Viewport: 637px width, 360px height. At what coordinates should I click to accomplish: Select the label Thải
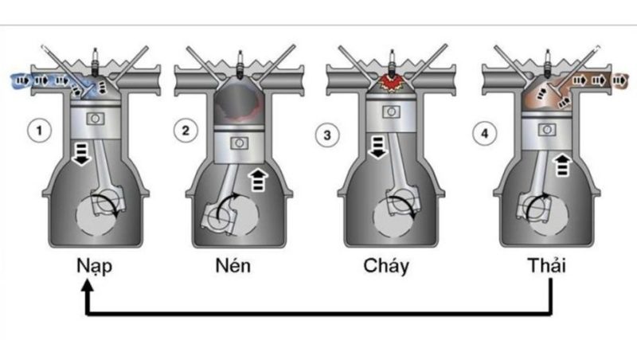pyautogui.click(x=546, y=265)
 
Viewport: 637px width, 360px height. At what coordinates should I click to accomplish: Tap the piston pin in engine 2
pyautogui.click(x=236, y=143)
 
